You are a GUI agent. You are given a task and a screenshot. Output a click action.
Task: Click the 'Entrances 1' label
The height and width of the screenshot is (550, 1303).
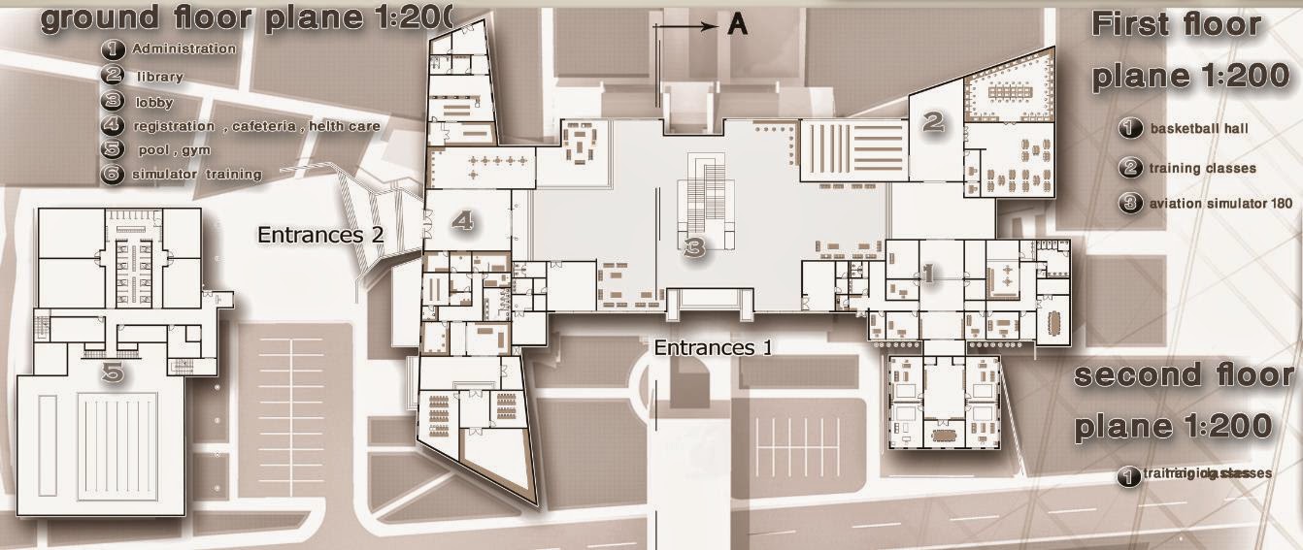coord(713,347)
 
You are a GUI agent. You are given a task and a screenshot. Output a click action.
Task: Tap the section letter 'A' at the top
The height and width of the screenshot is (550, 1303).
coord(738,26)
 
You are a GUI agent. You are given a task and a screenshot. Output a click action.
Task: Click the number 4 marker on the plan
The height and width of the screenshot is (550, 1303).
coord(463,221)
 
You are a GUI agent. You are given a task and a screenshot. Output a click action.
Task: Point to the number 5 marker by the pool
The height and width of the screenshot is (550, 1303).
coord(114,371)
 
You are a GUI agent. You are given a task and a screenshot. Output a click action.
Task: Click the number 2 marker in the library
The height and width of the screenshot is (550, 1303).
coord(933,121)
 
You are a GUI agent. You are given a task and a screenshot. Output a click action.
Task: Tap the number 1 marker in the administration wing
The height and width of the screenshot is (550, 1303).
coord(926,275)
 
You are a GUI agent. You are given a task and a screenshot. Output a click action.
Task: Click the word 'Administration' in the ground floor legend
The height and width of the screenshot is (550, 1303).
coord(184,49)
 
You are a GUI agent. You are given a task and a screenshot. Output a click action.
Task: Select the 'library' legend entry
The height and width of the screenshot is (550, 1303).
coord(159,76)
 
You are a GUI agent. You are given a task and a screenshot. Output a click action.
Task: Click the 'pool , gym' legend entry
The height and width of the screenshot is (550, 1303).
coord(172,150)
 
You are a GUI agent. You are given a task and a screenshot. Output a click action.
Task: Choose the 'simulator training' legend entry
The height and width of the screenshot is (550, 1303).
coord(197,175)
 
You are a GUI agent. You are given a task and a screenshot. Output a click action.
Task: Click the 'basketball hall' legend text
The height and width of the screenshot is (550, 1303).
coord(1199,128)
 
